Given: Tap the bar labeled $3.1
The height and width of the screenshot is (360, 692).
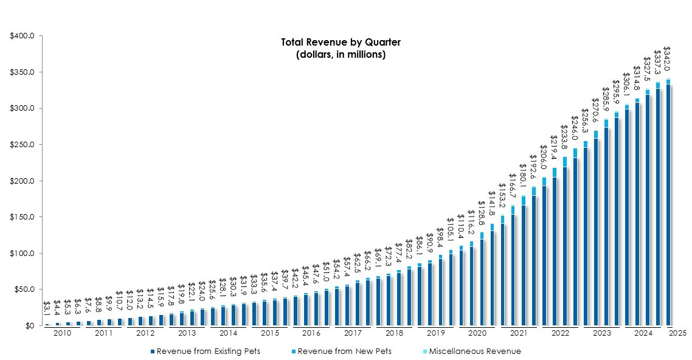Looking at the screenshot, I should coord(47,324).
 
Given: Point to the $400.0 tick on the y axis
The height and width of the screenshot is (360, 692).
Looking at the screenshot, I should coord(22,36).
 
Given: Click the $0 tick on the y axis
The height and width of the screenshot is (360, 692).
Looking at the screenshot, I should coord(29,326).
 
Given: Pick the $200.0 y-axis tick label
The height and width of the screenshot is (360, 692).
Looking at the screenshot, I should coord(22,181).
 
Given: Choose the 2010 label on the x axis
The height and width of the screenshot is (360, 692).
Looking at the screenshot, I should coord(63,333).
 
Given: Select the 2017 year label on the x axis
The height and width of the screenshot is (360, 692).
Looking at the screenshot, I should coord(353,333).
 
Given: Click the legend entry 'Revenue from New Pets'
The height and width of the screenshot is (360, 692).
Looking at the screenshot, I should coord(341,351).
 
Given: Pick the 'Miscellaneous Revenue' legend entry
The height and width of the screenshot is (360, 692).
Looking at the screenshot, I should coord(475,351).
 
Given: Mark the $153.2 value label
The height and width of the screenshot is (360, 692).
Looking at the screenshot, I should coord(502,195).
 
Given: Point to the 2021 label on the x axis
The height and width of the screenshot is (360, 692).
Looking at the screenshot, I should coord(518,333).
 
